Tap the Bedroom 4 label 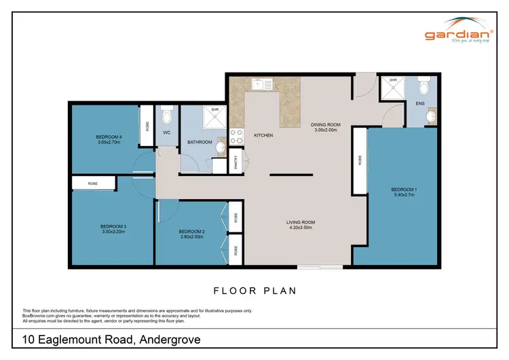[109, 140]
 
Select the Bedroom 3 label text [113, 228]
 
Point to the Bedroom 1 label [404, 192]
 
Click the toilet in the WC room [167, 115]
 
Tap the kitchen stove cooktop [238, 136]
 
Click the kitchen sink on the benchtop [259, 85]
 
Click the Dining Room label [325, 127]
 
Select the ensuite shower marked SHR [393, 89]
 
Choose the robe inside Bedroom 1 [359, 160]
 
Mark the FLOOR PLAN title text [254, 290]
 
